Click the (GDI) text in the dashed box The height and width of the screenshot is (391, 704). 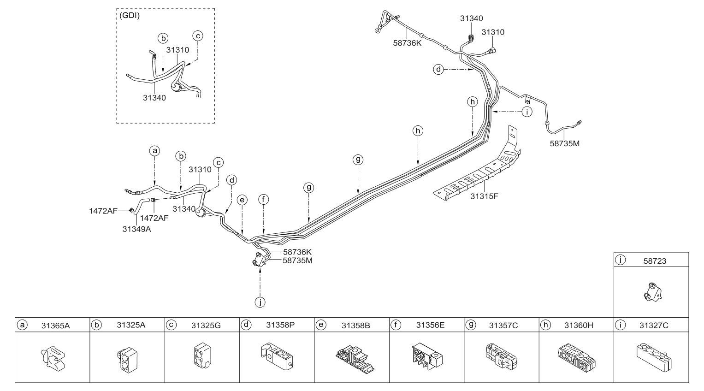coord(130,15)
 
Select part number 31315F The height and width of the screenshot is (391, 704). coord(484,196)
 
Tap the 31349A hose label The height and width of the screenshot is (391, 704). coord(136,228)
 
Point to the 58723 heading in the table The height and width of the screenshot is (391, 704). coord(655,261)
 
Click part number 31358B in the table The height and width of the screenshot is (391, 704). coord(355,326)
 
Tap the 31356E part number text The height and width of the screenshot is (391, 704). coord(430,325)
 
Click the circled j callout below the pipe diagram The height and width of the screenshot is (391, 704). coord(260,302)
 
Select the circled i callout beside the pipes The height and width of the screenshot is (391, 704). coord(526,111)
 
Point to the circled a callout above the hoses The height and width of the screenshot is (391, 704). coord(155,150)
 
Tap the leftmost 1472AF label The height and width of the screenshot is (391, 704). coord(103,211)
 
